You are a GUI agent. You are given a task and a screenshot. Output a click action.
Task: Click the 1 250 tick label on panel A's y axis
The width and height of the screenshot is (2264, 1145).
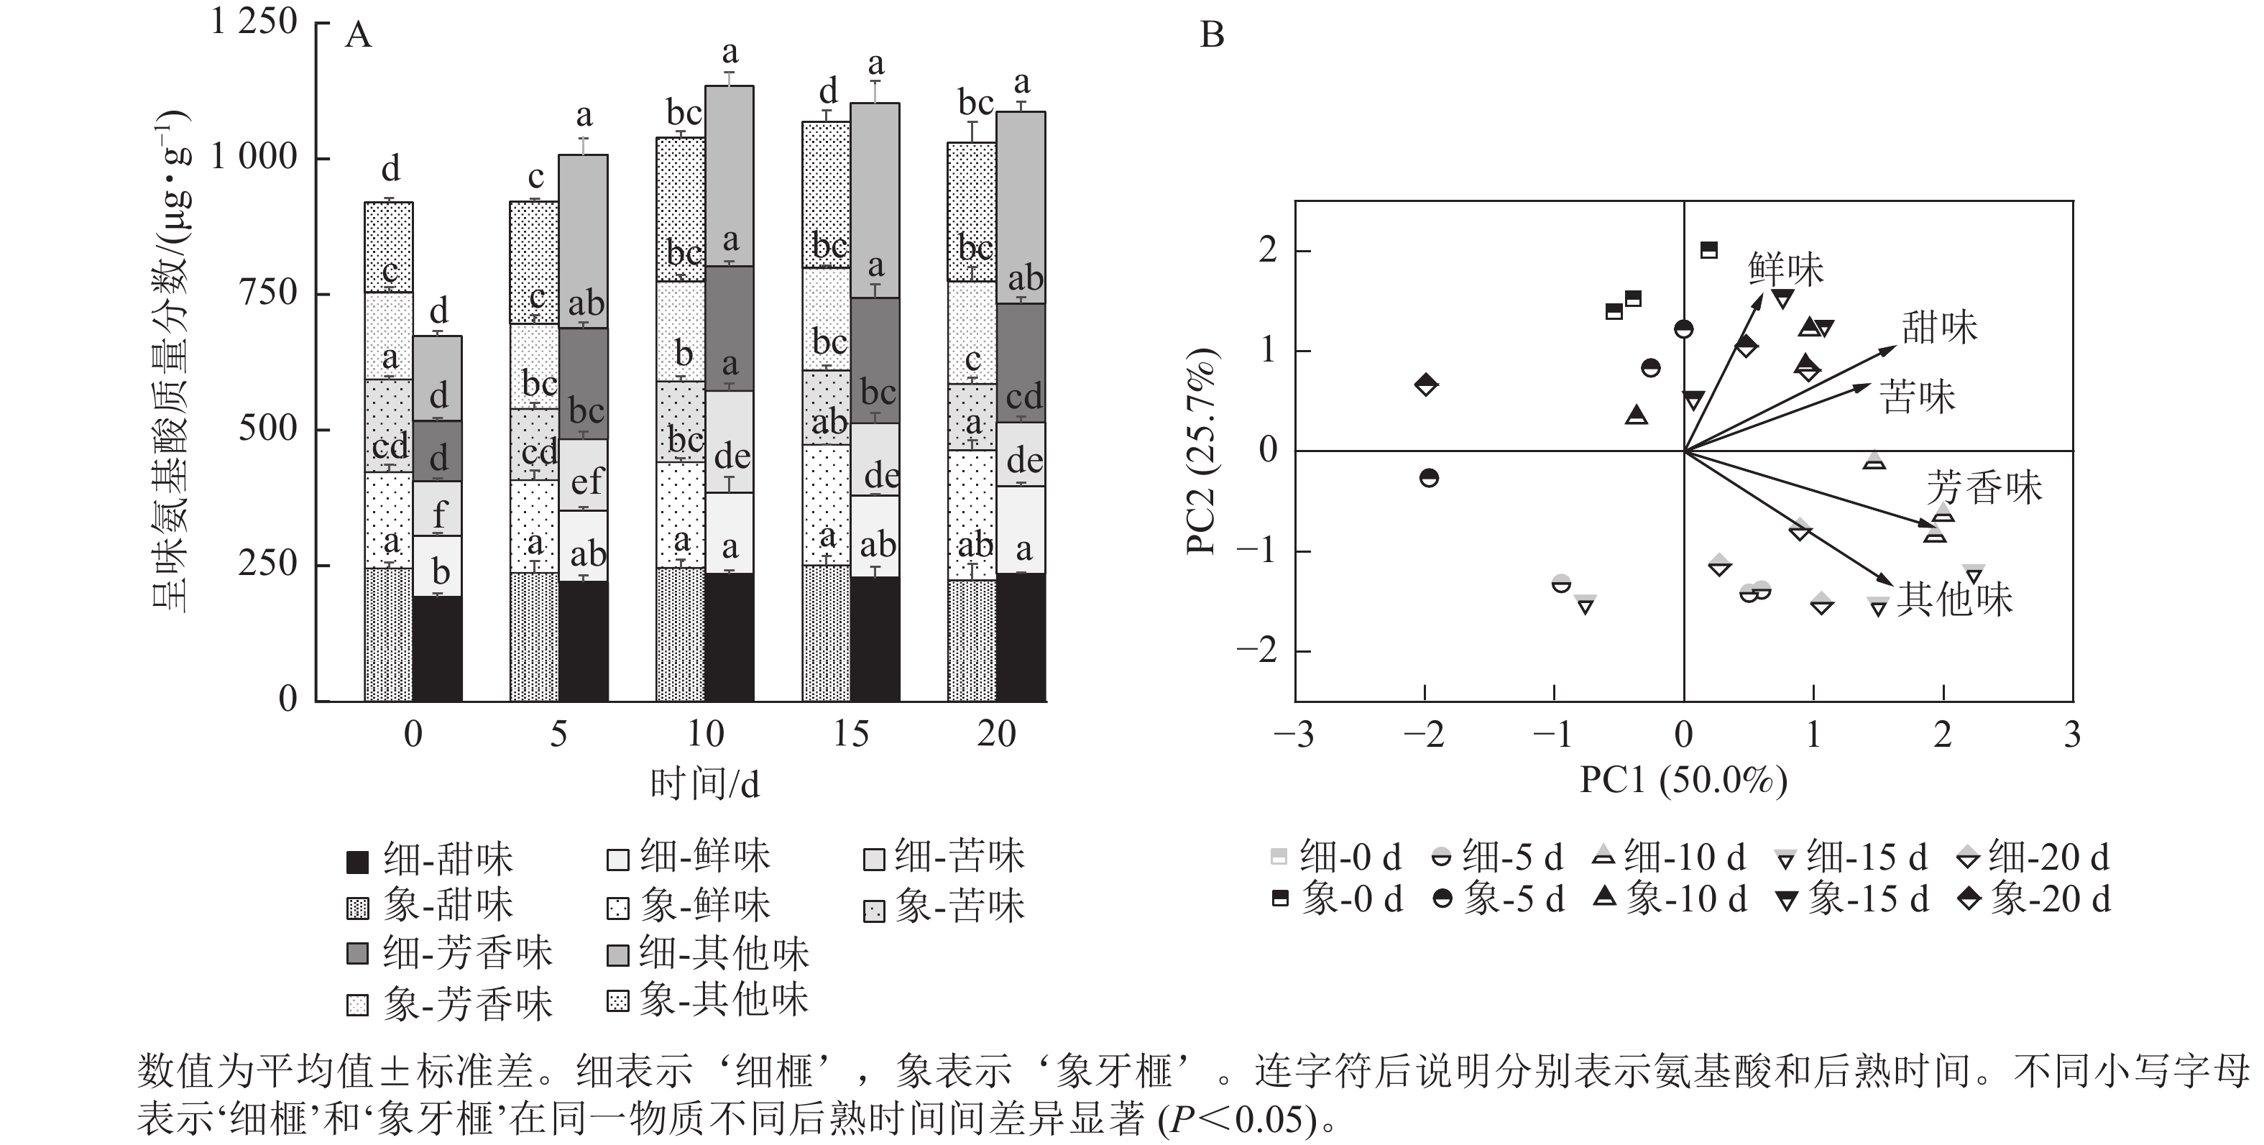coord(254,21)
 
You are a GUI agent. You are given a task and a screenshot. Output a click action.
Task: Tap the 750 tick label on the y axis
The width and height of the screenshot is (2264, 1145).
coord(269,293)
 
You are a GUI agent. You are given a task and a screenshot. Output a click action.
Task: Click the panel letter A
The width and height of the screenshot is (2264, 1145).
coord(359,36)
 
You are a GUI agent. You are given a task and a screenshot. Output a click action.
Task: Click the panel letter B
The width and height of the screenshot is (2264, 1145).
coord(1212,36)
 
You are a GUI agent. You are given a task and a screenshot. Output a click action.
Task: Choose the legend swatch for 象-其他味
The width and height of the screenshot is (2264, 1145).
coord(618,1001)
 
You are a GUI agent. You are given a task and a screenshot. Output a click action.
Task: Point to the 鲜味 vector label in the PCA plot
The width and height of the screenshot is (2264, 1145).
coord(1786,269)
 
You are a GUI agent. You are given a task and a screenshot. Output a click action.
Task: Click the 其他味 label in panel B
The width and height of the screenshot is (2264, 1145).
coord(1954,599)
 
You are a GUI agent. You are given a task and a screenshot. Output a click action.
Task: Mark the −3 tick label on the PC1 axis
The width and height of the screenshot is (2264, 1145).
coord(1294,735)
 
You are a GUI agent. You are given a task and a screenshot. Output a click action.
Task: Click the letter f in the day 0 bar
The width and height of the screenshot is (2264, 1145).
coord(439,515)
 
